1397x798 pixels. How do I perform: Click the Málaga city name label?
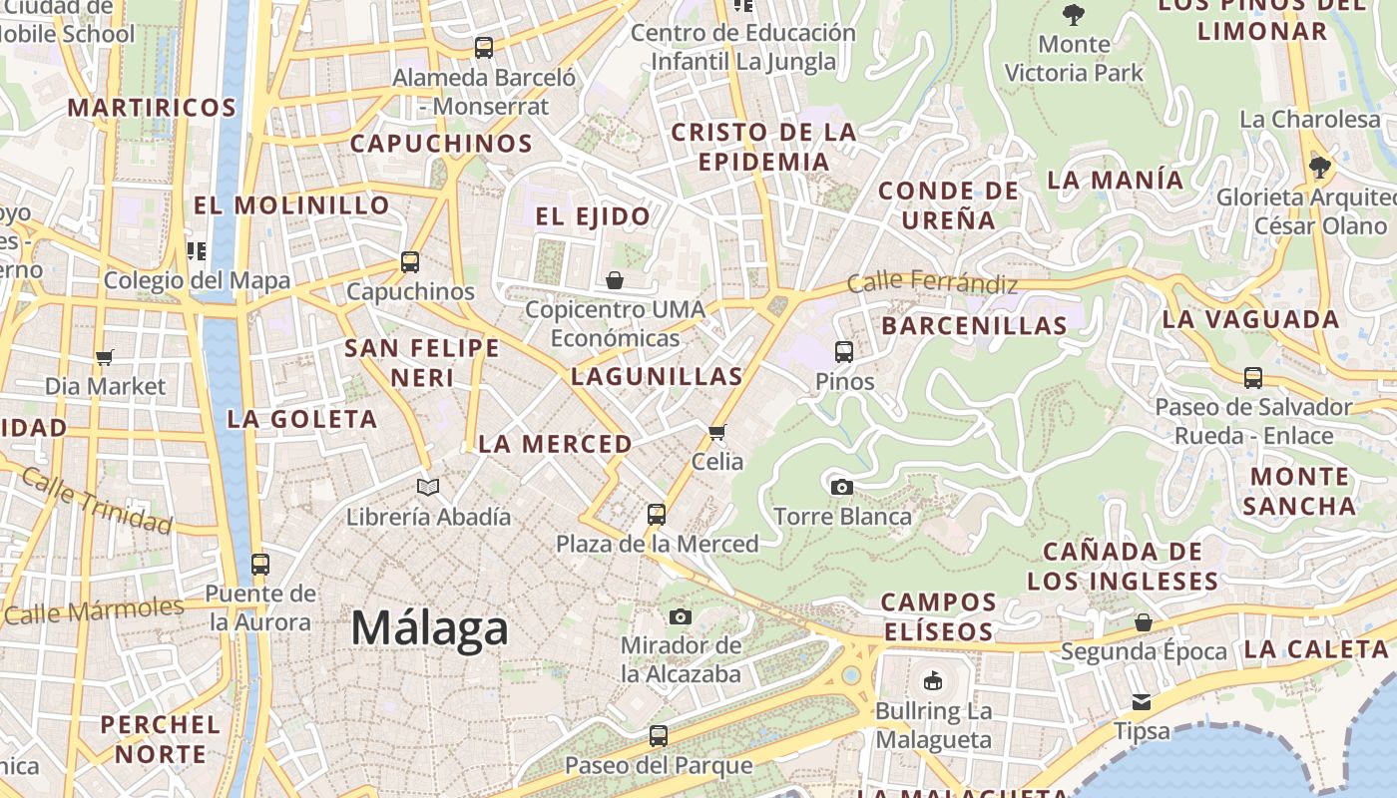tap(430, 629)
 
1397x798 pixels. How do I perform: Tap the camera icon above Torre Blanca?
tap(842, 487)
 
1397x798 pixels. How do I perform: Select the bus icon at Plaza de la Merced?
tap(656, 515)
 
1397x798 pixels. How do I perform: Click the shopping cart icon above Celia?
tap(716, 433)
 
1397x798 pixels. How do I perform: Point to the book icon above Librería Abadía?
tap(428, 488)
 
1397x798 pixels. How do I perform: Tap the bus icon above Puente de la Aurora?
tap(260, 565)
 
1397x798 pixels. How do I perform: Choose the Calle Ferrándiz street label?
tap(932, 283)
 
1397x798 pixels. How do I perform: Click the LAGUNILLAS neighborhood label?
tap(657, 376)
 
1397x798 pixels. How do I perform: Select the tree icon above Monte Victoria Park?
tap(1074, 15)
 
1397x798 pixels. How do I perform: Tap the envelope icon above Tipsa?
tap(1142, 702)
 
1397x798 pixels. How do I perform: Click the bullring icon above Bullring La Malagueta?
tap(933, 681)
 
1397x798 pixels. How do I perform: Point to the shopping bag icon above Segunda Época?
tap(1144, 622)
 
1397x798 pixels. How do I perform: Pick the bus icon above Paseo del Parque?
tap(658, 736)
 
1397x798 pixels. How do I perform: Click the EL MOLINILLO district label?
tap(291, 205)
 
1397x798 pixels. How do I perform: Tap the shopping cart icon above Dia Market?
tap(105, 357)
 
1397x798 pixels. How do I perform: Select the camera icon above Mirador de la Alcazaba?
tap(681, 616)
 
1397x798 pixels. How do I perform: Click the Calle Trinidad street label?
tap(96, 500)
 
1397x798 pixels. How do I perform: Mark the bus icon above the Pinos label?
tap(844, 352)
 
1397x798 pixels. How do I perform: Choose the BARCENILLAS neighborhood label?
tap(974, 325)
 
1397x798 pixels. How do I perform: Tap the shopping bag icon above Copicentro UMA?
tap(615, 280)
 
